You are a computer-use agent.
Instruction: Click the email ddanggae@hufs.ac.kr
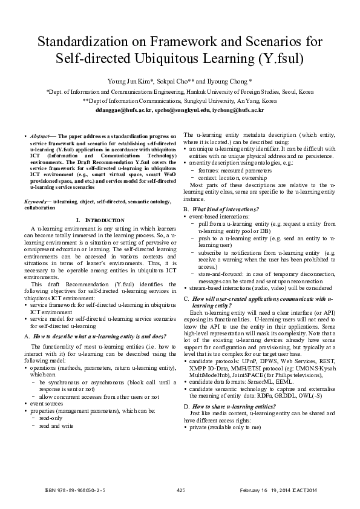click(x=125, y=111)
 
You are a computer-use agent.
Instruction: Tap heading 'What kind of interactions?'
click(x=224, y=209)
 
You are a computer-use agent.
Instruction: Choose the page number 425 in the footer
click(x=180, y=490)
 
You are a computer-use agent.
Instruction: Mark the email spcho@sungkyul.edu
click(x=181, y=111)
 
